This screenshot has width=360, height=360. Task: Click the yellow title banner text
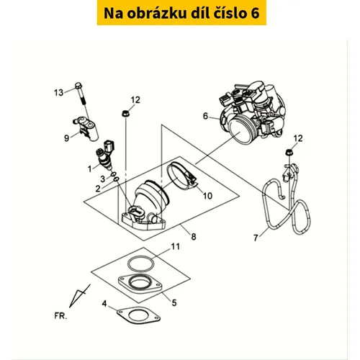181,13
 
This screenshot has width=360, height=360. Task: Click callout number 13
58,92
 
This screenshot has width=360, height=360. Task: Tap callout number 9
66,138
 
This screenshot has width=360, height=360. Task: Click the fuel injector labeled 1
106,157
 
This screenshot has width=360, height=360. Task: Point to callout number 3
102,179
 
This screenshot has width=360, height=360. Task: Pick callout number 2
97,189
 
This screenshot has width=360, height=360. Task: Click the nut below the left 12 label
125,113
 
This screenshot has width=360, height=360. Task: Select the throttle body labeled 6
252,113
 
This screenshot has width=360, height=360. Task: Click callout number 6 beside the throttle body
205,116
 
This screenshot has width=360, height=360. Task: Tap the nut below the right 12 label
289,152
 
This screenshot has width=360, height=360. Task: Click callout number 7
256,238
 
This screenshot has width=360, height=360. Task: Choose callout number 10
207,196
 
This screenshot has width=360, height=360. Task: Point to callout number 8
194,237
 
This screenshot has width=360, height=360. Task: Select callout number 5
174,303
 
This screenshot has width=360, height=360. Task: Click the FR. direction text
60,316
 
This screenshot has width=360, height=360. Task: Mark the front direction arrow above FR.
79,296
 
